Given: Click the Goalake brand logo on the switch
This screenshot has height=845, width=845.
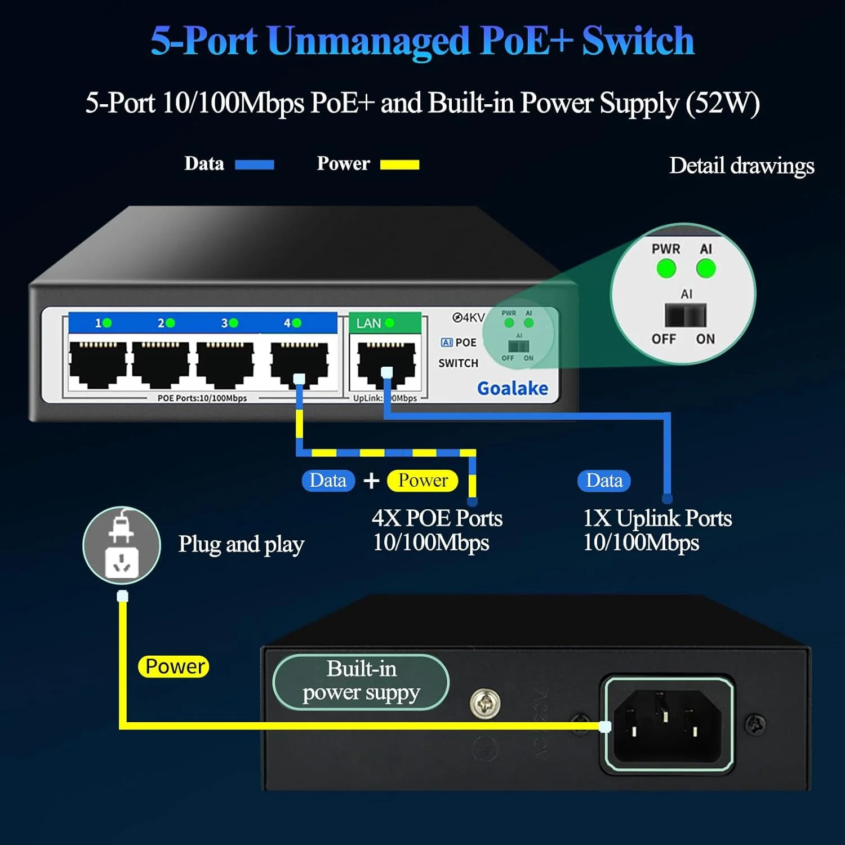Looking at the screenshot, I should (x=512, y=388).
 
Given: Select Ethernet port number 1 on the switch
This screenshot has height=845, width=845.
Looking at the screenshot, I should (x=97, y=363).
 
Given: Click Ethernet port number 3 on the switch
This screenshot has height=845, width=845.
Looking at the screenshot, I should (x=225, y=363).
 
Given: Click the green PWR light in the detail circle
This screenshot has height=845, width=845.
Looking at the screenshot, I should (x=666, y=269).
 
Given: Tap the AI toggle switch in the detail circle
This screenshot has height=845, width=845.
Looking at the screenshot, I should (x=685, y=315).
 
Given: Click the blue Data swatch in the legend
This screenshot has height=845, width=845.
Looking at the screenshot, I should (x=254, y=164).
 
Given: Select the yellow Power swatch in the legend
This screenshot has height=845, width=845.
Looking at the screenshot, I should (x=399, y=164).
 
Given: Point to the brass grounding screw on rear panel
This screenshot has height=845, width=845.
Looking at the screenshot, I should (x=485, y=703).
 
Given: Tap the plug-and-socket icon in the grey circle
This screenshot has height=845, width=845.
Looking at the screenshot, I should (x=122, y=545).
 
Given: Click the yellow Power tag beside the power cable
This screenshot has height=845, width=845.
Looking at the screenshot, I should (x=174, y=666).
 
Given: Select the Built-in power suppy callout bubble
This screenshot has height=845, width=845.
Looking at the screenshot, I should (x=361, y=681).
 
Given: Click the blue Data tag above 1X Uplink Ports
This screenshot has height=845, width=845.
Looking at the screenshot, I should (x=604, y=481).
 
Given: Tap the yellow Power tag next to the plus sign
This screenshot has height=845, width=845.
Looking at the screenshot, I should (x=422, y=481).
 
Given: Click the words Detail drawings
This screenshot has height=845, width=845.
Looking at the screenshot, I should (x=741, y=166).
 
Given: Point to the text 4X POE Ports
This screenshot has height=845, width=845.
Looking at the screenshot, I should (x=437, y=518).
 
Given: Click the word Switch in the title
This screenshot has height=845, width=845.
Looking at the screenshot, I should (x=638, y=41).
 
